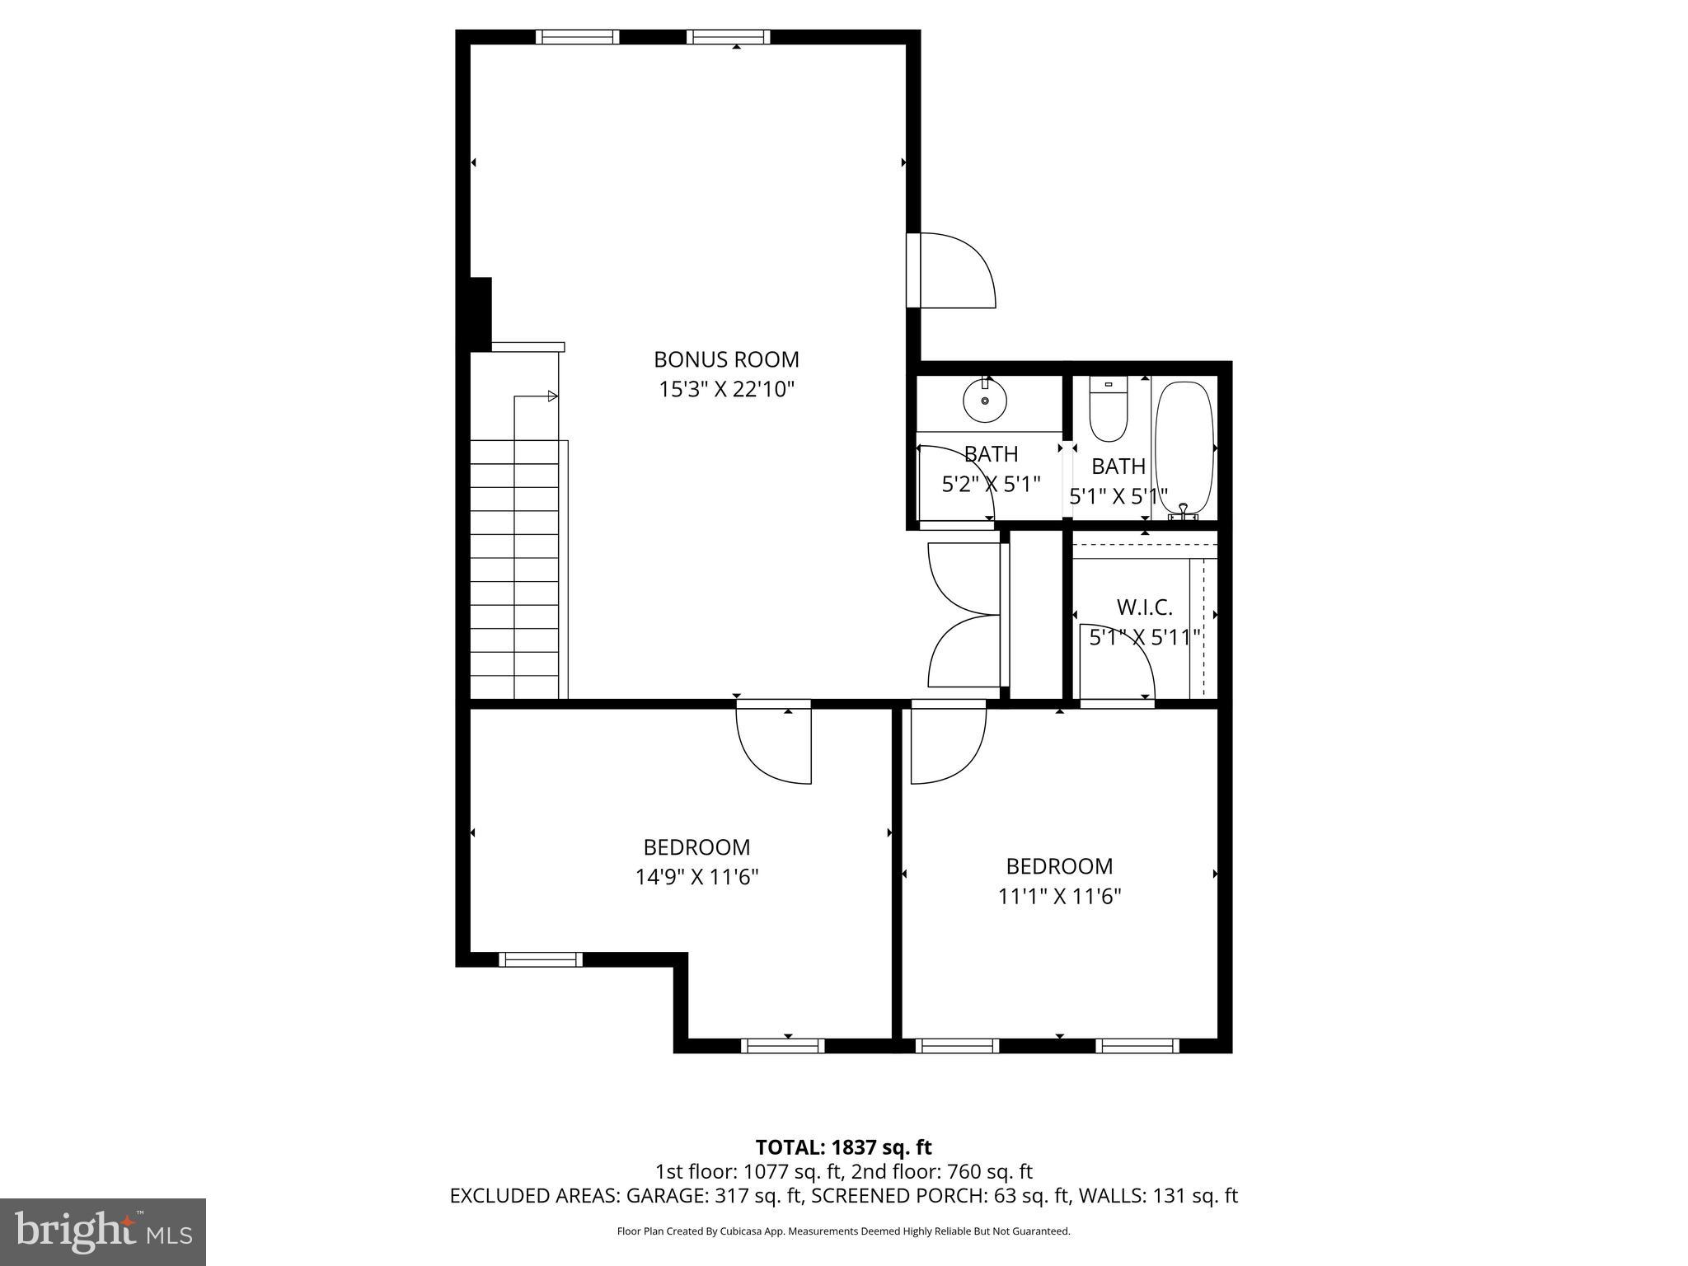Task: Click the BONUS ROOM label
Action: (726, 359)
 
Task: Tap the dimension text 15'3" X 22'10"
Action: (726, 389)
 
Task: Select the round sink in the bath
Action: (985, 401)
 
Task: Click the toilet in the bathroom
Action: (1108, 410)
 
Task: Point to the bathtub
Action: (1184, 449)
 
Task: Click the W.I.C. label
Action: (1144, 607)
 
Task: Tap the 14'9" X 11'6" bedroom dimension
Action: (696, 877)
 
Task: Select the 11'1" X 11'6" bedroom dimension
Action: (1059, 896)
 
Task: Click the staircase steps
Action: (514, 569)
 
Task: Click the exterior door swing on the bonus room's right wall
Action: (956, 270)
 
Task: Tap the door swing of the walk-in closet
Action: (1117, 659)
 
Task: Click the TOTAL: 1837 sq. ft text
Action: (843, 1147)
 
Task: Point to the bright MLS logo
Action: (103, 1231)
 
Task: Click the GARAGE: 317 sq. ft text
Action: (715, 1195)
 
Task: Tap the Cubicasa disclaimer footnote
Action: (843, 1231)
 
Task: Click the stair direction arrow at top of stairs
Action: (552, 396)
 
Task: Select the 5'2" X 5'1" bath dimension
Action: (991, 484)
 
